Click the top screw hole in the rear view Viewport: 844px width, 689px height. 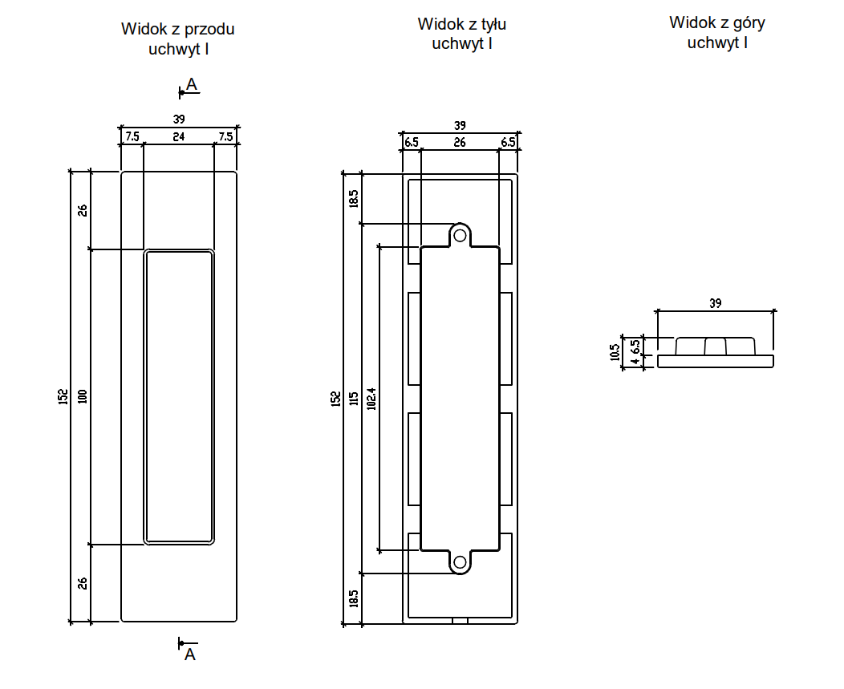[460, 235]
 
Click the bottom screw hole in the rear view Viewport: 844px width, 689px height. [460, 562]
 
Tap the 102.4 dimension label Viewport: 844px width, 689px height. [371, 399]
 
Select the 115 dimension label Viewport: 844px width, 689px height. [353, 399]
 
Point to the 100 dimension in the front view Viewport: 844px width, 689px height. [82, 396]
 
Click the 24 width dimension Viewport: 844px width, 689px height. [178, 137]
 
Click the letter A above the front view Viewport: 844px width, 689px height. [192, 83]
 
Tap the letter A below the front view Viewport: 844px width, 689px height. [190, 655]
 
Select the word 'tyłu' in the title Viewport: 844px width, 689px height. [489, 24]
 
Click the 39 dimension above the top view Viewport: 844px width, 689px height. [716, 303]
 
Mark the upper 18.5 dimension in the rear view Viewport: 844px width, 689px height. [353, 197]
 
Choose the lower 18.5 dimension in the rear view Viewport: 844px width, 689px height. [353, 598]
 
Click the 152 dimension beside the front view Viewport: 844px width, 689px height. [63, 396]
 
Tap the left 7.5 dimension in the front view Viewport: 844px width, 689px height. [132, 137]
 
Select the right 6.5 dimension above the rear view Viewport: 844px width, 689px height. [508, 143]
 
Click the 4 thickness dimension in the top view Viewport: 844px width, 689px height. [635, 362]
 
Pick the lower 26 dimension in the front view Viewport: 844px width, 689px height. [82, 583]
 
